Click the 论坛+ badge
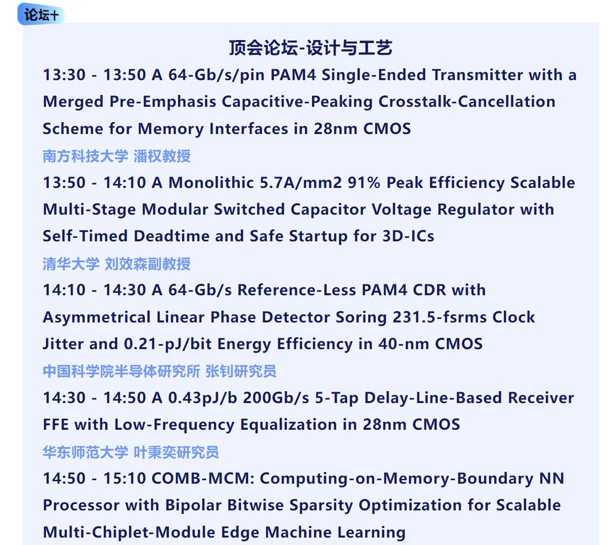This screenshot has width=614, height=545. [41, 14]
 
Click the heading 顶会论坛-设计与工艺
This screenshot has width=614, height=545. [310, 48]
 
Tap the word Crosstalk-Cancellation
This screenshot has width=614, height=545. [467, 101]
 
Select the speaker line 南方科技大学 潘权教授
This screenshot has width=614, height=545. [117, 156]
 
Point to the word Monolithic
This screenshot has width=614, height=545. [211, 182]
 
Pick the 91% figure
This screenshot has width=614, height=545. [364, 182]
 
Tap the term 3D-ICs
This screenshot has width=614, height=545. [408, 236]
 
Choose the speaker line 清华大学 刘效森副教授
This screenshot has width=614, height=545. [117, 264]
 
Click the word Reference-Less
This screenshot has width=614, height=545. [297, 290]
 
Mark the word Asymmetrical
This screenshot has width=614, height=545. [97, 317]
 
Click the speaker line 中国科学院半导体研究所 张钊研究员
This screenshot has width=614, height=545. [160, 371]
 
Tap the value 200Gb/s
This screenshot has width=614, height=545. [276, 398]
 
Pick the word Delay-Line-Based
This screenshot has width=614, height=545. [433, 398]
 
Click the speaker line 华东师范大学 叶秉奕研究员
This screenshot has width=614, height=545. [131, 452]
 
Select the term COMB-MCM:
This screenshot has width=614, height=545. [203, 478]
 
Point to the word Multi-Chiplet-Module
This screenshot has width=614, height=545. [129, 532]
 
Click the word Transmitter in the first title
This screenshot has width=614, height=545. [478, 75]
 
